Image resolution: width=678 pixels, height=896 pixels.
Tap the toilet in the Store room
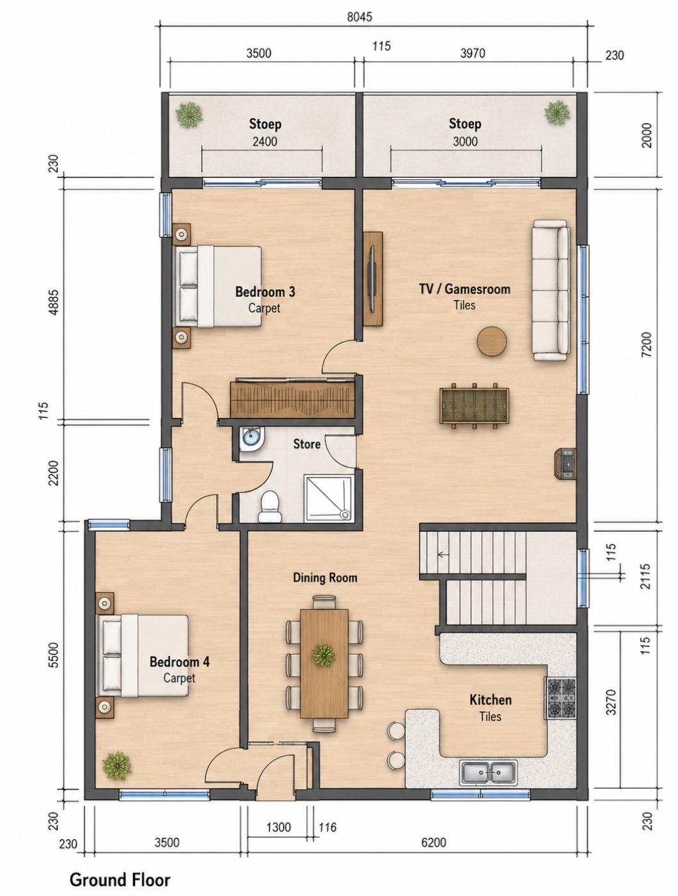(x=270, y=507)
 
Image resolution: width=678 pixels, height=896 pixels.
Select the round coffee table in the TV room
(x=492, y=340)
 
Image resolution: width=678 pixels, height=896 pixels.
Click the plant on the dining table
(x=324, y=654)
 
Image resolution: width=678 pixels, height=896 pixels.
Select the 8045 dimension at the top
(x=359, y=17)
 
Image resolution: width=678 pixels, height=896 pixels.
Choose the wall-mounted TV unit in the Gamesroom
(x=372, y=279)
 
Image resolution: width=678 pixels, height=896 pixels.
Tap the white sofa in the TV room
(x=551, y=290)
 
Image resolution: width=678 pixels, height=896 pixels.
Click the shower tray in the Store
(x=328, y=498)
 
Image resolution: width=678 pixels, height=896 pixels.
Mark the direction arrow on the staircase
(x=442, y=554)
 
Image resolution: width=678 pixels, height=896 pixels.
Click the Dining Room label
(x=325, y=578)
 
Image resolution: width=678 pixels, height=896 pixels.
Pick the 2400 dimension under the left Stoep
(x=265, y=141)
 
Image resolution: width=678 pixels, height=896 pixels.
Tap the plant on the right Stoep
(x=557, y=113)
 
